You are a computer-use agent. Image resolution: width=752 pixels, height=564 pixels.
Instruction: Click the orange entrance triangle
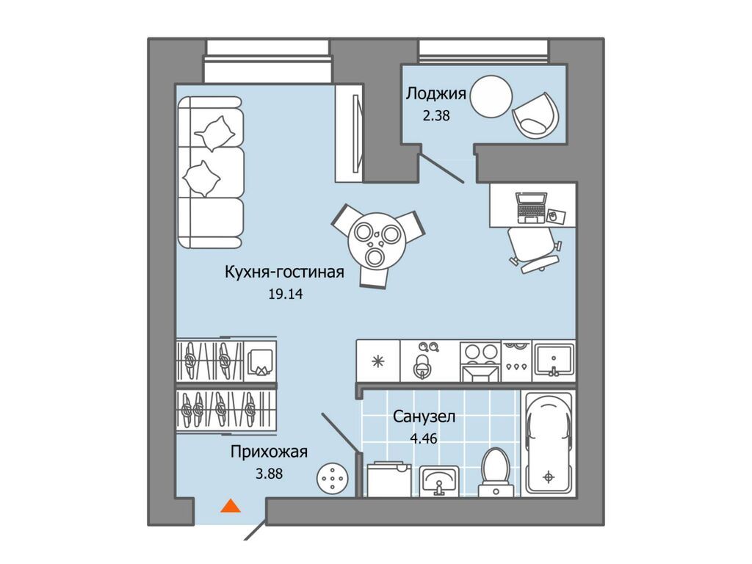230,506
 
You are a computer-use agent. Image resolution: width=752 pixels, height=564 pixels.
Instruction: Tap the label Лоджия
435,93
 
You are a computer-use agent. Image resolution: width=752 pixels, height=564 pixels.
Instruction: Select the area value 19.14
286,294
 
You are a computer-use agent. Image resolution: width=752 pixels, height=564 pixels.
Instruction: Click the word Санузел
424,416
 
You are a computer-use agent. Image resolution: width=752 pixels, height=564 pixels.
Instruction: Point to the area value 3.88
269,474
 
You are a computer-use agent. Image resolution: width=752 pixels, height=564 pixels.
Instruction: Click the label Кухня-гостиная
284,272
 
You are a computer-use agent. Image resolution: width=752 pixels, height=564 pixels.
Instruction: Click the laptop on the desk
532,208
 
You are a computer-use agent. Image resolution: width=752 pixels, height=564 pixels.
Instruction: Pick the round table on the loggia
491,96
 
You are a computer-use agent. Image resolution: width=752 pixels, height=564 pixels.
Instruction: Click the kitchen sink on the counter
554,361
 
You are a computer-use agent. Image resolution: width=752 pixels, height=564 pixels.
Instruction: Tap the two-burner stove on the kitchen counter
480,361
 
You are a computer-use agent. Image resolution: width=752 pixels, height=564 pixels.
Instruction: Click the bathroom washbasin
438,481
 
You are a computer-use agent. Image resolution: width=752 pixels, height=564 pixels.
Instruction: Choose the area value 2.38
436,115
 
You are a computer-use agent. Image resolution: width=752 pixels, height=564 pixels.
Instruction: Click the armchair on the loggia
535,115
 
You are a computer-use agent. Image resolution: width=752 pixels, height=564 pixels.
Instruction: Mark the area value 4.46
424,438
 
